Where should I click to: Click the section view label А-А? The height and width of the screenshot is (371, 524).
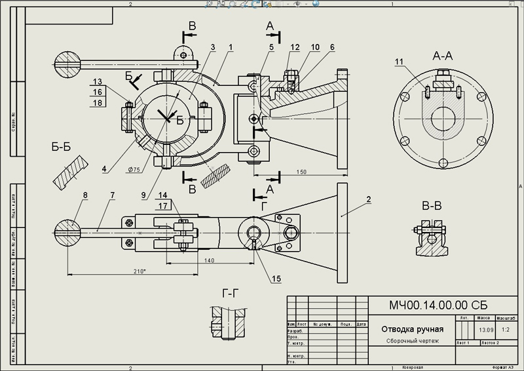point(443,56)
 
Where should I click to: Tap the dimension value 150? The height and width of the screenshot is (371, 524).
point(301,172)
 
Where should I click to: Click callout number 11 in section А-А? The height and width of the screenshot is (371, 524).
point(400,62)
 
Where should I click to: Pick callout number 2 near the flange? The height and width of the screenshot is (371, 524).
point(369,199)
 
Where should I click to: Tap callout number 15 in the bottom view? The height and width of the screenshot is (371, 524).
point(276,278)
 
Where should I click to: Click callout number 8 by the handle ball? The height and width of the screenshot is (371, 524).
point(84,195)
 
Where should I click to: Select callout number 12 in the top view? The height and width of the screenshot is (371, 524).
point(295,47)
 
